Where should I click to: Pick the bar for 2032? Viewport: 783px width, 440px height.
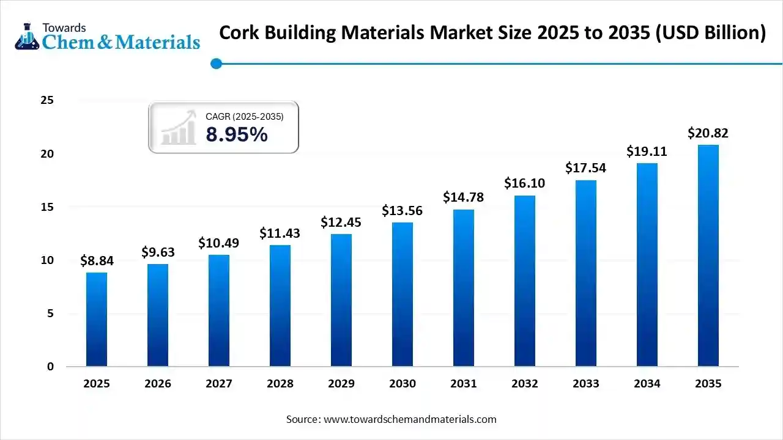click(525, 280)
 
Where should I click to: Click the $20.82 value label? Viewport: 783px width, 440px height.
click(708, 133)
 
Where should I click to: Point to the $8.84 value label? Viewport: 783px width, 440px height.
click(97, 261)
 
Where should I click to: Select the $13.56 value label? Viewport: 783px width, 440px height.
click(403, 211)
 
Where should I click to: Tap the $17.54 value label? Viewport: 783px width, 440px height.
click(585, 168)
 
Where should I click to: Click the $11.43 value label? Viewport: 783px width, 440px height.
click(280, 233)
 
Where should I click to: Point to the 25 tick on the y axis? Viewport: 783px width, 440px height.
click(47, 100)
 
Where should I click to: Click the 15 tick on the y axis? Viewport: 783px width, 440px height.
click(47, 207)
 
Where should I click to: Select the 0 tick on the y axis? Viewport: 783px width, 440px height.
click(50, 367)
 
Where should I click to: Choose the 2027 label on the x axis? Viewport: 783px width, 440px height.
click(218, 384)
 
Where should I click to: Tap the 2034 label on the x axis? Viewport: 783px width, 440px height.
click(647, 384)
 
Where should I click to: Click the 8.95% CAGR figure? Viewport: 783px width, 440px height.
click(237, 134)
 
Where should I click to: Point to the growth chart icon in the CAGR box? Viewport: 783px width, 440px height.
click(178, 128)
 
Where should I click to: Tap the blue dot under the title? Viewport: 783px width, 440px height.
click(215, 64)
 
